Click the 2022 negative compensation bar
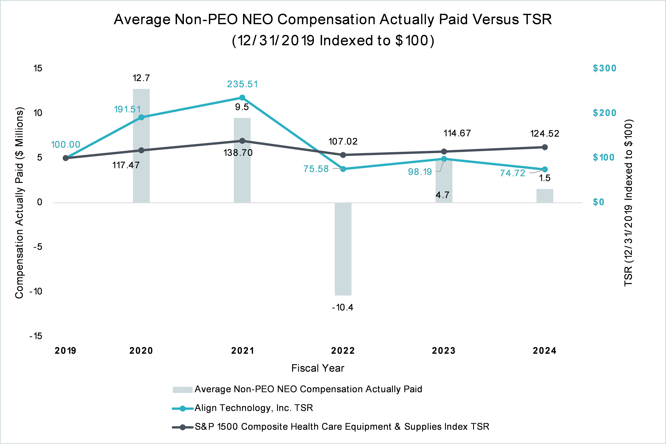[343, 249]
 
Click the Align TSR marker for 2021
[242, 98]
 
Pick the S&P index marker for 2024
[545, 147]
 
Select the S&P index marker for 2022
[343, 155]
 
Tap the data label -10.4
[343, 307]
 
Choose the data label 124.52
[545, 134]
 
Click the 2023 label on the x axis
[444, 351]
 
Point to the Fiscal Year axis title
[318, 368]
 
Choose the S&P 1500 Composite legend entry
[342, 427]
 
